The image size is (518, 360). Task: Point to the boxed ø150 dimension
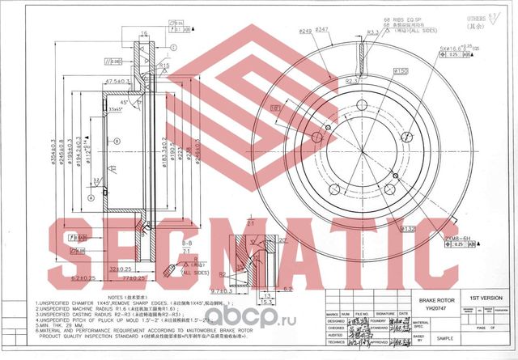click(x=378, y=72)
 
